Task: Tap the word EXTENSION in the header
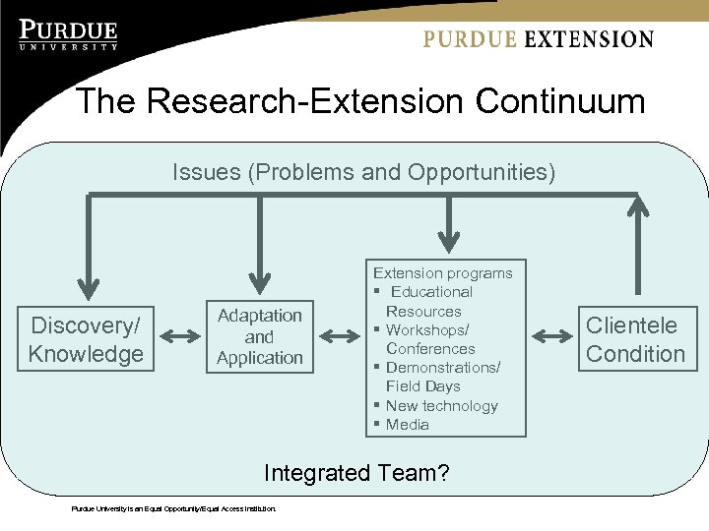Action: tap(589, 39)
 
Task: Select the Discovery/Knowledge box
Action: tap(86, 339)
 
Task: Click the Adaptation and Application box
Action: tap(260, 337)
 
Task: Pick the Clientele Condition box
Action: tap(635, 339)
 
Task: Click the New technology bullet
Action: tap(441, 405)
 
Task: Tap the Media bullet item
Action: tap(407, 425)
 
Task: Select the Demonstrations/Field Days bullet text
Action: tap(441, 377)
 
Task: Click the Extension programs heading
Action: tap(442, 272)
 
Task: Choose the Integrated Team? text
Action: tap(356, 473)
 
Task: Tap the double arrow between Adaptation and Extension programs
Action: tap(340, 337)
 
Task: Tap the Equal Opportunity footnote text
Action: tap(174, 508)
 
